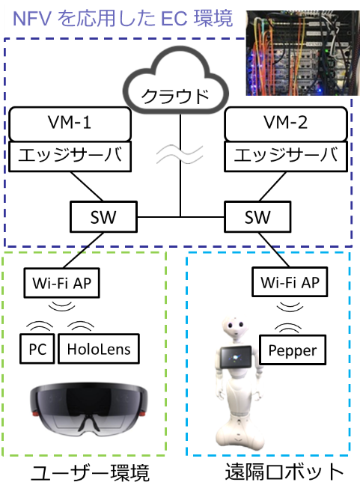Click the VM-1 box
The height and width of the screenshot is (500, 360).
pos(70,124)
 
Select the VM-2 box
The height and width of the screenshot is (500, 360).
pos(286,124)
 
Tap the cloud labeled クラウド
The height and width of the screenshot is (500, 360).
pos(176,82)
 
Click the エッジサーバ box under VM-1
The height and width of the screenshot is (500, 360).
pos(70,156)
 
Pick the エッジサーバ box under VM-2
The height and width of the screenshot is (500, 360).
pos(286,156)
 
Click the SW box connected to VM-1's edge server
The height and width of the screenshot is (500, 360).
pos(103,216)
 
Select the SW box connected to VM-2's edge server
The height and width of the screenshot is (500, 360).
pos(257,216)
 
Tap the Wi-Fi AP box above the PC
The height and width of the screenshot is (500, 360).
pos(62,283)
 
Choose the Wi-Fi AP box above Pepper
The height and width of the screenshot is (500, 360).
pos(290,282)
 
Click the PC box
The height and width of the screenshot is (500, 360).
pos(37,349)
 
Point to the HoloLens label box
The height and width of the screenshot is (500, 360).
pos(99,349)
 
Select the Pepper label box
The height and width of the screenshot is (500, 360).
pos(293,350)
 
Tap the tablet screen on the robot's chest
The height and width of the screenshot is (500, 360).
pos(237,356)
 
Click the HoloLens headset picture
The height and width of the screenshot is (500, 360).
pos(89,409)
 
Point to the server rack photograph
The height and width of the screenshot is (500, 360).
pos(302,53)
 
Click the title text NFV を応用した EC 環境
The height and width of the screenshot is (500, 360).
pos(123,19)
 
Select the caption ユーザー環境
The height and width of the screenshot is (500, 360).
pos(90,472)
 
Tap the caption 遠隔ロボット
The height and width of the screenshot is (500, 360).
pos(284,472)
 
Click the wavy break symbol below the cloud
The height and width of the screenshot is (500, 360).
pos(180,154)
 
